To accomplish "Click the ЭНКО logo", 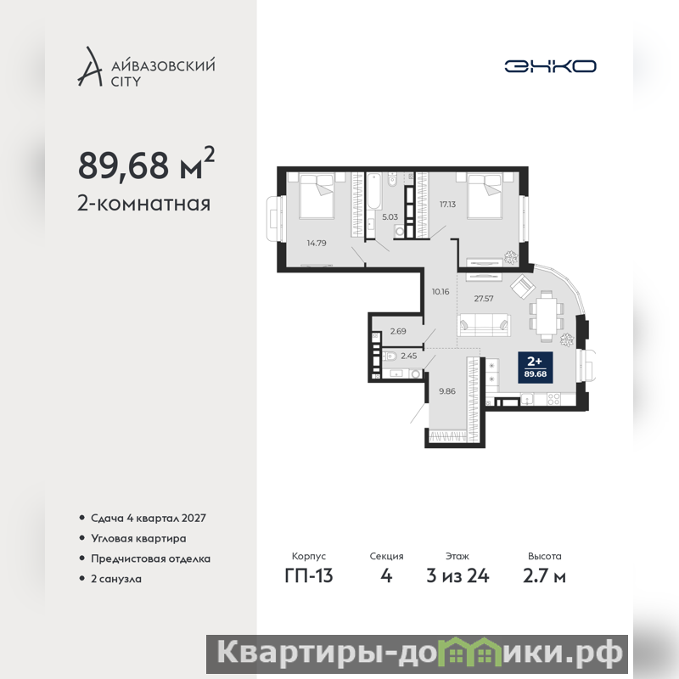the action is pyautogui.click(x=550, y=66).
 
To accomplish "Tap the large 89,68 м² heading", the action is pyautogui.click(x=146, y=164).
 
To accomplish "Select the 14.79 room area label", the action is pyautogui.click(x=317, y=243).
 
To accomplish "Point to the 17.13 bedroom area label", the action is pyautogui.click(x=448, y=204).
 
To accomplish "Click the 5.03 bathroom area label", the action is pyautogui.click(x=390, y=217).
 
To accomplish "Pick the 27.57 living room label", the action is pyautogui.click(x=484, y=299).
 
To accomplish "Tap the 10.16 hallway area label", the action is pyautogui.click(x=441, y=291).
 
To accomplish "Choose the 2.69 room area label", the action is pyautogui.click(x=398, y=331).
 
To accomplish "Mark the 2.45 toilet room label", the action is pyautogui.click(x=409, y=356).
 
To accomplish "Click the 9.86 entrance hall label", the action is pyautogui.click(x=447, y=391).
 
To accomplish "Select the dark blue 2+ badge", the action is pyautogui.click(x=536, y=368).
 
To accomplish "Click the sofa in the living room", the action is pyautogui.click(x=484, y=324).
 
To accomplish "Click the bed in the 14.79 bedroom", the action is pyautogui.click(x=317, y=195).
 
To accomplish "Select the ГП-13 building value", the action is pyautogui.click(x=309, y=576).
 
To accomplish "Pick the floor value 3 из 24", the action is pyautogui.click(x=457, y=576).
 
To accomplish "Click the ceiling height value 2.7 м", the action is pyautogui.click(x=544, y=576).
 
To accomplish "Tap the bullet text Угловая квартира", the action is pyautogui.click(x=138, y=538).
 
